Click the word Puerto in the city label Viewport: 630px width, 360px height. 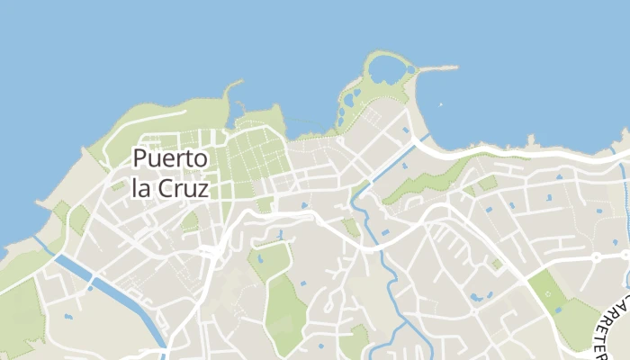170,159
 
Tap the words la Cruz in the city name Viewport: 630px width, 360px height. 170,189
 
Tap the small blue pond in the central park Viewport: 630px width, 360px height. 261,259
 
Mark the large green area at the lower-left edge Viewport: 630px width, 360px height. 18,315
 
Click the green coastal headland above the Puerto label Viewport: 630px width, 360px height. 144,121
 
